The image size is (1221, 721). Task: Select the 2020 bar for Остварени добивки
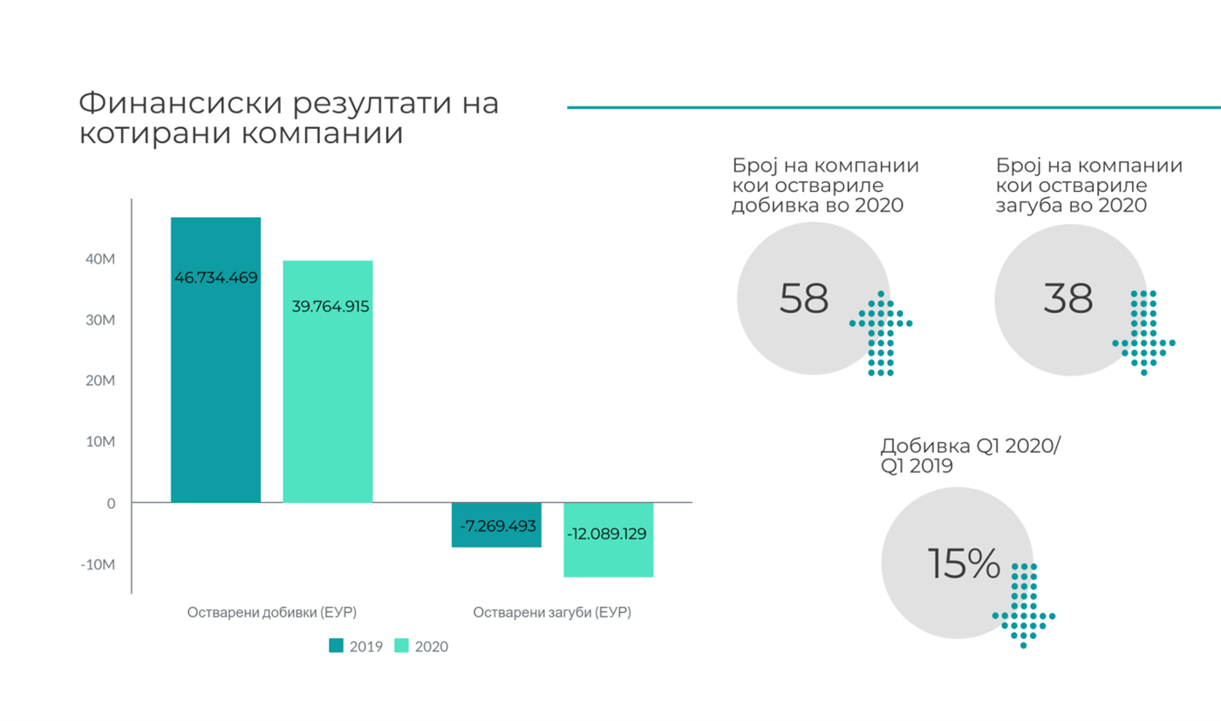coord(328,401)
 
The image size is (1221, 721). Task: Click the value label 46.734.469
coord(215,278)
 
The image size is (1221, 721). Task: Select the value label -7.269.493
coord(496,527)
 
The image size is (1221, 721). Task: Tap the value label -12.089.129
coord(607,534)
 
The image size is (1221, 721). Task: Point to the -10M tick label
coord(97,565)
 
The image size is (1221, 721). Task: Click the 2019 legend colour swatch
coord(337,646)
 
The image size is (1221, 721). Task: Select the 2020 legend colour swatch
coord(401,646)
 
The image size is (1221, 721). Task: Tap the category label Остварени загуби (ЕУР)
coord(552,613)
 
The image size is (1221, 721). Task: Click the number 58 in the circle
coord(803,299)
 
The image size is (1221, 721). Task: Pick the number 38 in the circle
coord(1068,299)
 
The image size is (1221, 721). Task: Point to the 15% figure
coord(963,565)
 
